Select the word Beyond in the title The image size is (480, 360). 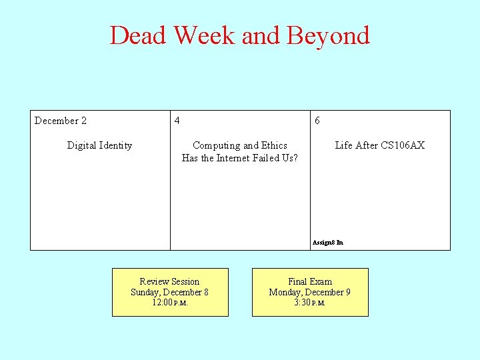coord(328,35)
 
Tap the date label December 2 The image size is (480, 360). coord(61,121)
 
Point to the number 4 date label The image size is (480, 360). coord(177,121)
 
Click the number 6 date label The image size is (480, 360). coord(317,121)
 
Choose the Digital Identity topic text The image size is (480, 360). coord(99,145)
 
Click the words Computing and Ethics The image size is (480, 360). coord(240,145)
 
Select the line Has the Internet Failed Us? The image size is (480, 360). coord(240,158)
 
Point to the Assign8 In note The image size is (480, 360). coord(327,243)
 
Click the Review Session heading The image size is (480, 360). coord(169,281)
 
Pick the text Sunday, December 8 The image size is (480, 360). coord(169,292)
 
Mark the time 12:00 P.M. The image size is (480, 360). coord(169,303)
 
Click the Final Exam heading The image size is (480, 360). coord(310,281)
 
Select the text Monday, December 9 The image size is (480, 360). coord(310,292)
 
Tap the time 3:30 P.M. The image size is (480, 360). coord(310,303)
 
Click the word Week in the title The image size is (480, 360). coord(205,35)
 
